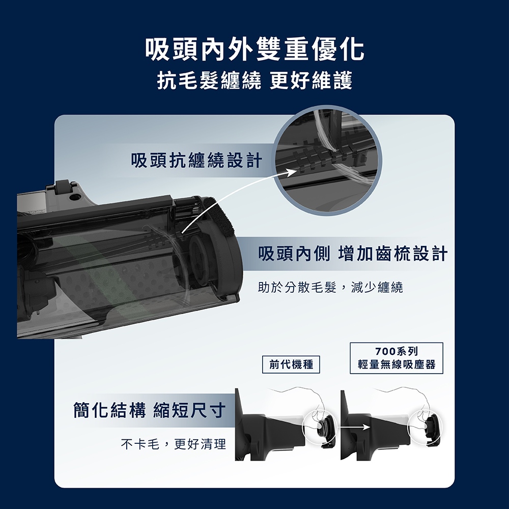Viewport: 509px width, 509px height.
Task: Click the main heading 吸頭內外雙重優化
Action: (x=255, y=49)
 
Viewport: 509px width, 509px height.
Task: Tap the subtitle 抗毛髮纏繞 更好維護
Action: (x=255, y=80)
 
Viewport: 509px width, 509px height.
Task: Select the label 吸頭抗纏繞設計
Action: (x=196, y=160)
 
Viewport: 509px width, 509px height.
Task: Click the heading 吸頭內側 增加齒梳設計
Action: (x=353, y=253)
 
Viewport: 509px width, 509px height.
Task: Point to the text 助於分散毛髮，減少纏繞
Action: (x=330, y=287)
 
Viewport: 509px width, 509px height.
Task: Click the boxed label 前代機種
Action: (x=291, y=364)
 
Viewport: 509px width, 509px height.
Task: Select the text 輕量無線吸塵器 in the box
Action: (x=397, y=364)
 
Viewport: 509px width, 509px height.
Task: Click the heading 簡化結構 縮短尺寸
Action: (x=149, y=410)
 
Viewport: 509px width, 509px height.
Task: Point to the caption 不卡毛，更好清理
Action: (x=174, y=444)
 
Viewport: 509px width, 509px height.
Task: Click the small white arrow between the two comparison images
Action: (x=353, y=427)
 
